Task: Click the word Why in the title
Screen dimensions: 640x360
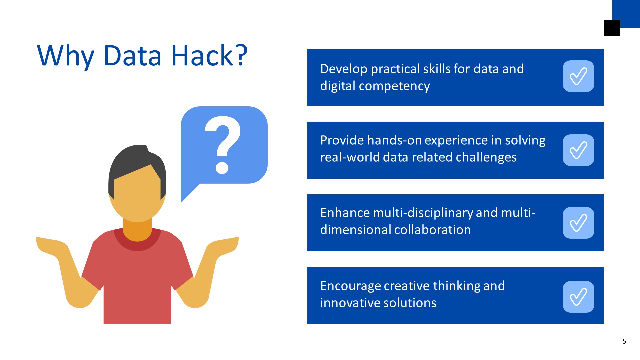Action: coord(66,57)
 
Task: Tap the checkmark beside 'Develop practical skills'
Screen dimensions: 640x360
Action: coord(578,76)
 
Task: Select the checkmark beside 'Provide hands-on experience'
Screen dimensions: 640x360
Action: coord(578,150)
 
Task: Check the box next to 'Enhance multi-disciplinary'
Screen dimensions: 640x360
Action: coord(578,223)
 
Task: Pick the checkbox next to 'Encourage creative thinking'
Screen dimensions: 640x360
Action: coord(578,297)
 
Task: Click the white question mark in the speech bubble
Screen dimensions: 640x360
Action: coord(223,145)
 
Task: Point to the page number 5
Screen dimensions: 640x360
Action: coord(624,341)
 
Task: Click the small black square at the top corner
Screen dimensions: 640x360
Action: coord(612,28)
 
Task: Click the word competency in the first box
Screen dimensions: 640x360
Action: coord(394,86)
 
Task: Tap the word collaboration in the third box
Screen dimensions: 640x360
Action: coord(433,230)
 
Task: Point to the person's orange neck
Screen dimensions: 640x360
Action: coord(137,230)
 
